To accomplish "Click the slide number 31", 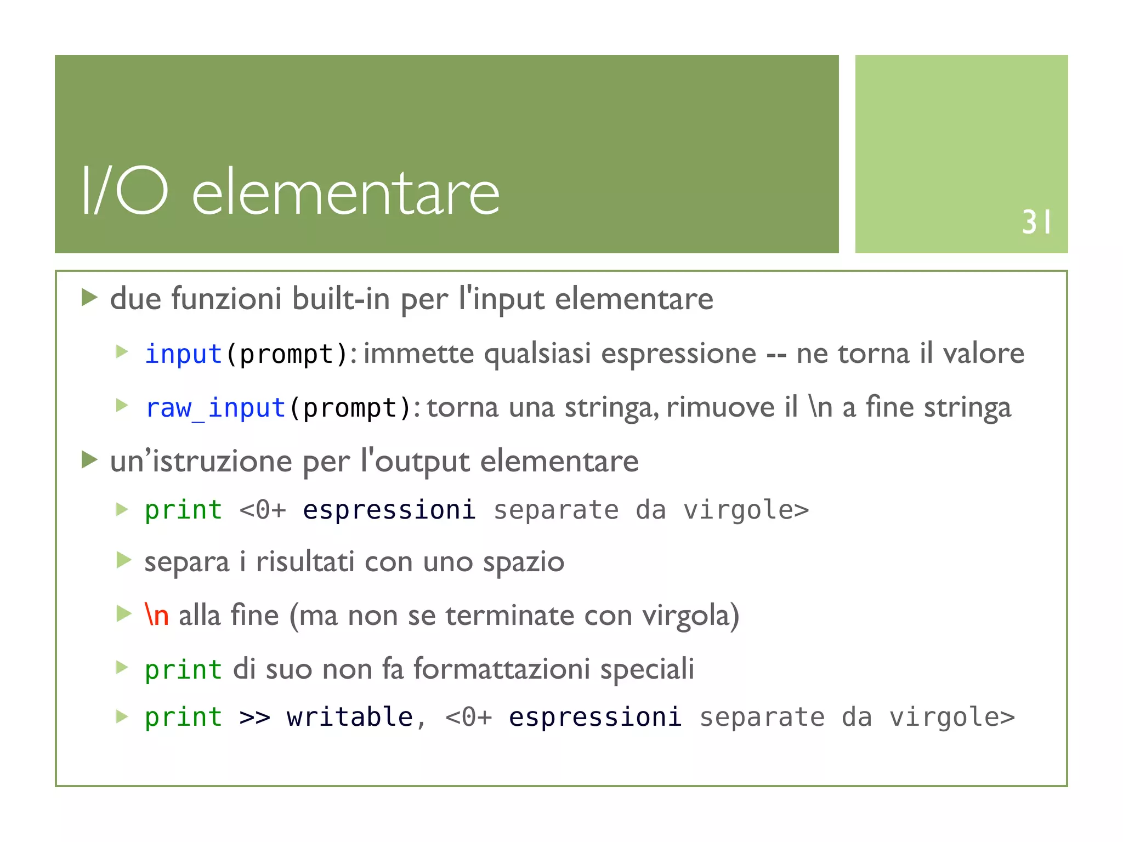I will point(1036,222).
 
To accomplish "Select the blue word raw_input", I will point(215,408).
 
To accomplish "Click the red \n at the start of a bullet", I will point(156,615).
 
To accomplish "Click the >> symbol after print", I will point(254,717).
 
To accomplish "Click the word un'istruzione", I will point(201,461).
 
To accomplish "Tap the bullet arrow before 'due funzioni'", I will point(89,298).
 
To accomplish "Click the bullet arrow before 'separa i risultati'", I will point(124,561).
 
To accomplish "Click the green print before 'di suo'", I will point(183,669).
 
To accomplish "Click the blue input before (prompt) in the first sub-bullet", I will point(183,354).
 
